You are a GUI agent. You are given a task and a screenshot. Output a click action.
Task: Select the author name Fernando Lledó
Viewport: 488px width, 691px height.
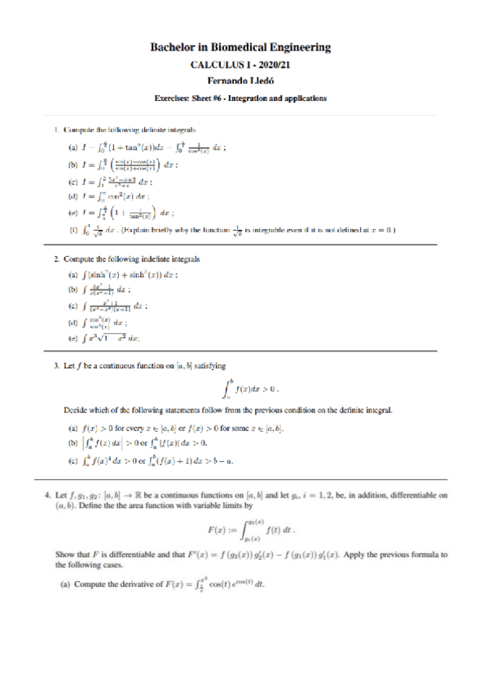click(244, 81)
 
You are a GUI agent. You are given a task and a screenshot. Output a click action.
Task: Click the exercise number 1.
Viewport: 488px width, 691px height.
click(55, 130)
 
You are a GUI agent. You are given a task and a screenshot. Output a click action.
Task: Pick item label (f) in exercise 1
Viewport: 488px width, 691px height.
click(73, 230)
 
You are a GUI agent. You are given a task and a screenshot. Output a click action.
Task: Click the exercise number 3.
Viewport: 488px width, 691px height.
click(55, 367)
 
